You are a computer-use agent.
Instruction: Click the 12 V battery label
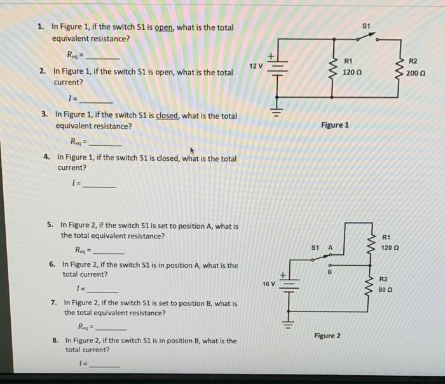pyautogui.click(x=256, y=66)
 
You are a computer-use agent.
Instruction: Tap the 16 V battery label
pyautogui.click(x=269, y=284)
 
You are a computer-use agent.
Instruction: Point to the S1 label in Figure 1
pyautogui.click(x=366, y=26)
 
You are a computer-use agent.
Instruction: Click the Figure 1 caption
pyautogui.click(x=334, y=125)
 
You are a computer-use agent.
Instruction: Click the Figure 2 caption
pyautogui.click(x=327, y=335)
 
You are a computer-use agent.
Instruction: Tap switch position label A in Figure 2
pyautogui.click(x=330, y=247)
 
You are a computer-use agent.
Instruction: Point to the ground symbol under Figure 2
pyautogui.click(x=289, y=326)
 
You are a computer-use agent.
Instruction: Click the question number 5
pyautogui.click(x=50, y=225)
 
